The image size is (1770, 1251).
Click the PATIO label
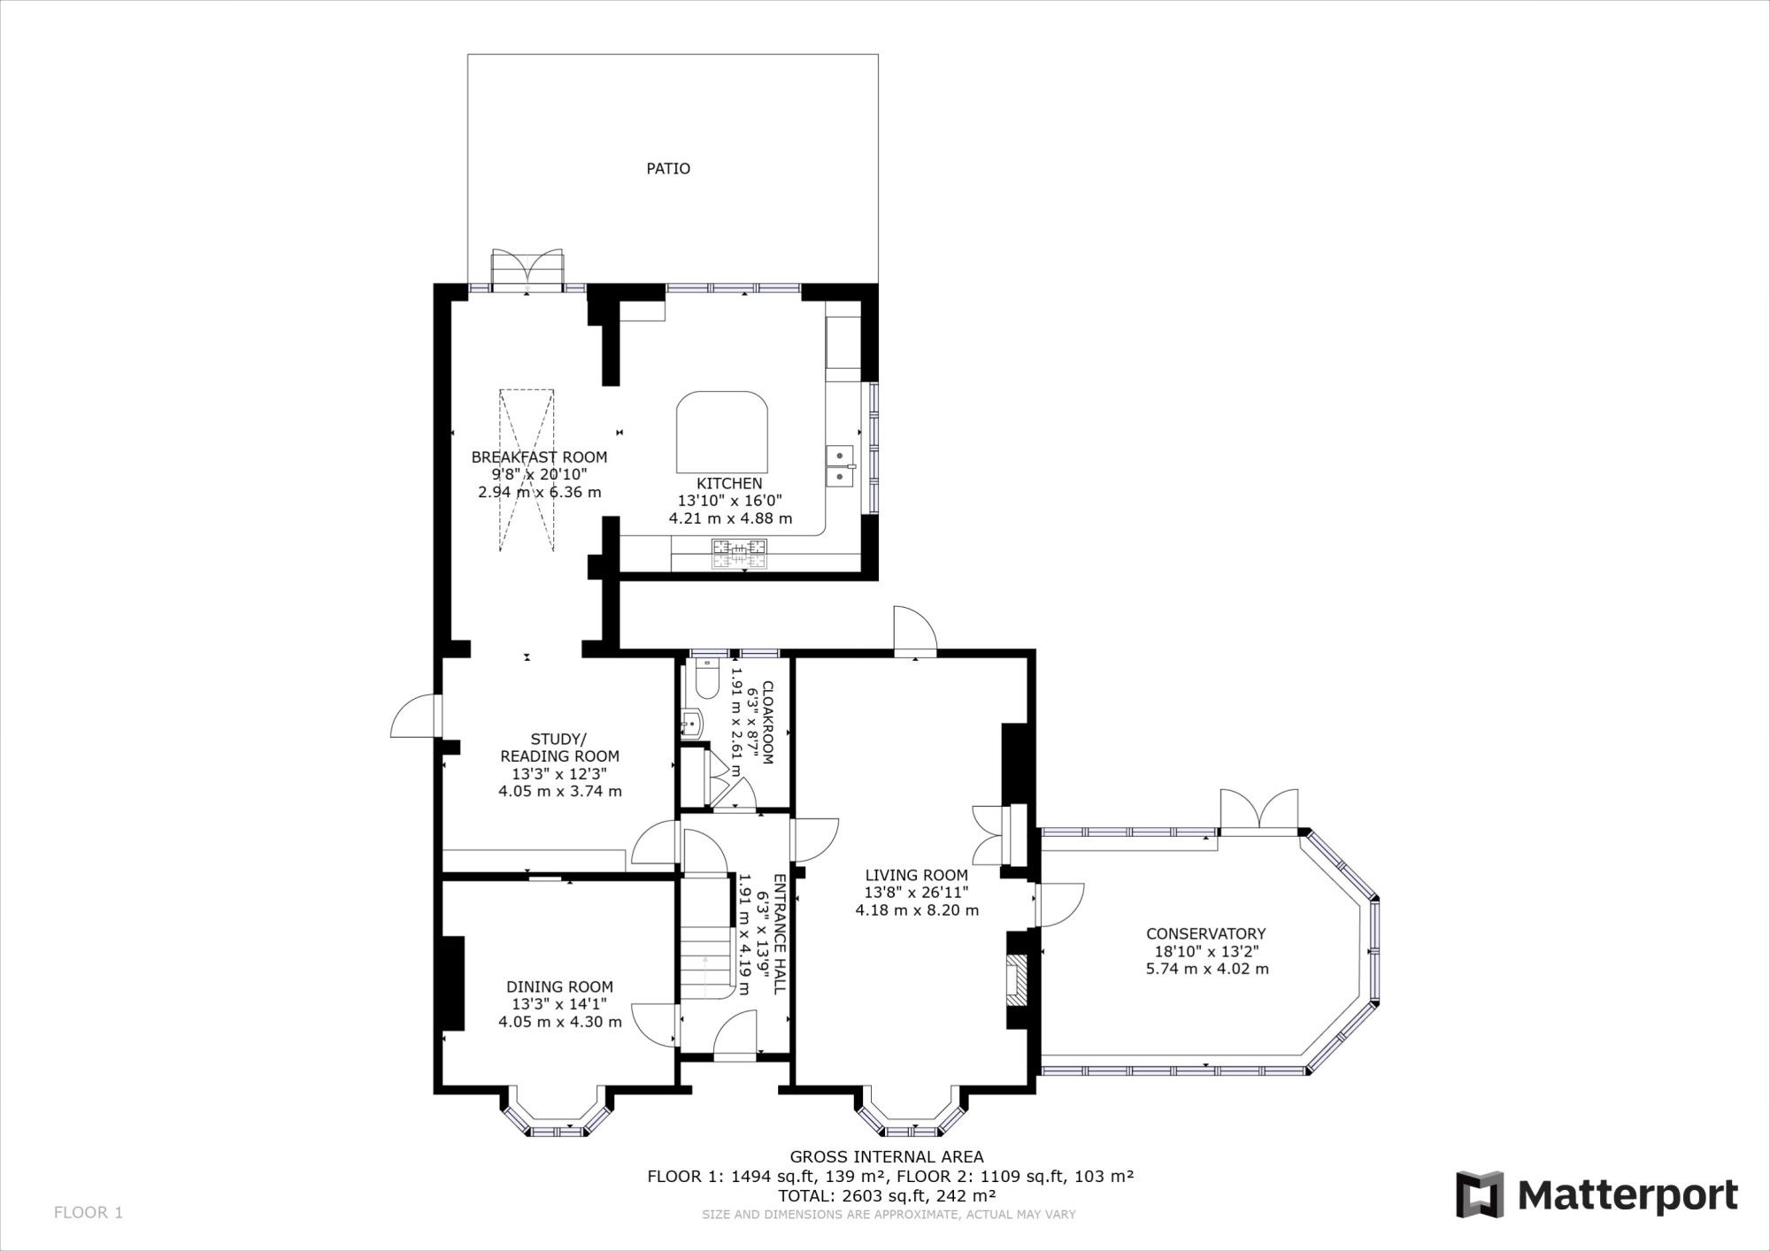click(x=667, y=168)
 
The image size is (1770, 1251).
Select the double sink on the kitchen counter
click(x=840, y=466)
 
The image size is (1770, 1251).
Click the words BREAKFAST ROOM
click(x=539, y=457)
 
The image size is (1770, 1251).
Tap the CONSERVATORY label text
click(x=1205, y=933)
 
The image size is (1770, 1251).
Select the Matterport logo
click(x=1597, y=1194)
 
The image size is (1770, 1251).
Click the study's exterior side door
click(x=414, y=715)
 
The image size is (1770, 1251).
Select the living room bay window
click(x=910, y=1120)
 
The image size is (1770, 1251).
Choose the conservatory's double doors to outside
click(x=1258, y=810)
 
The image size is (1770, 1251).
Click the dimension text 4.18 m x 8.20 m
click(x=917, y=909)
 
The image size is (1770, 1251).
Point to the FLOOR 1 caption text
click(x=88, y=1211)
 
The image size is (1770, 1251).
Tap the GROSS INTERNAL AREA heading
click(x=886, y=1156)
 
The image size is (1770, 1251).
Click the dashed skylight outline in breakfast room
click(x=527, y=469)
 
